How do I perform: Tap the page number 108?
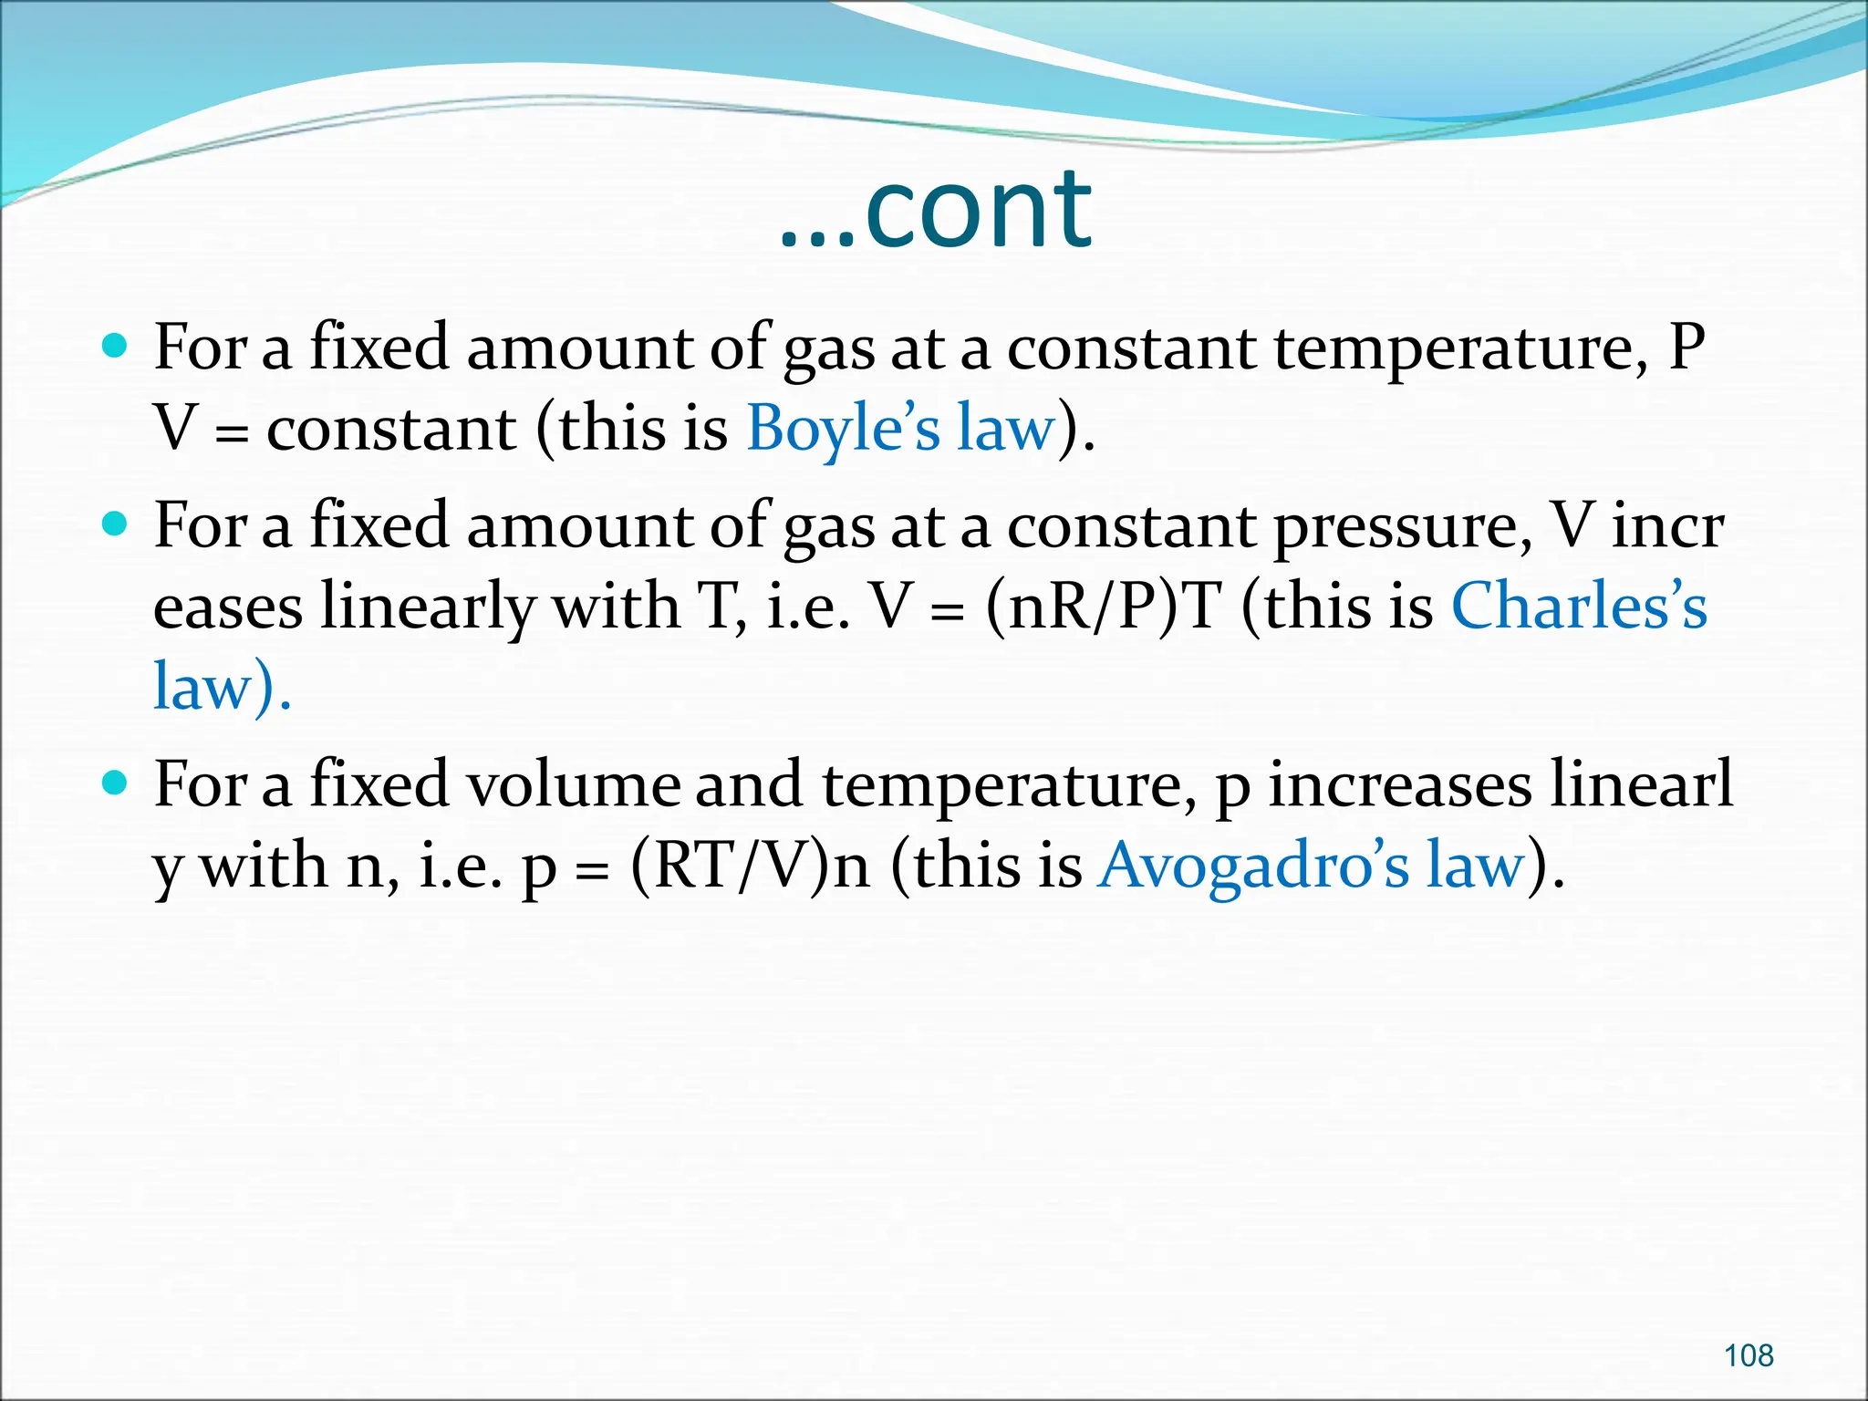[x=1748, y=1355]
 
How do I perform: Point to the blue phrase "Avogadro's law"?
[x=1312, y=865]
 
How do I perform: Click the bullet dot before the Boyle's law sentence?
[x=114, y=347]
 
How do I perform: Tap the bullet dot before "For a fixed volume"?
[x=114, y=784]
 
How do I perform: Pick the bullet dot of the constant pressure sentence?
[x=114, y=524]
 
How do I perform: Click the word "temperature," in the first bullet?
[x=1460, y=348]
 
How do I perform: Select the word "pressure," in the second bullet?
[x=1403, y=527]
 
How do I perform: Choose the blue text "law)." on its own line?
[x=222, y=686]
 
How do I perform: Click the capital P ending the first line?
[x=1686, y=347]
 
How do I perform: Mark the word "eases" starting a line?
[x=228, y=608]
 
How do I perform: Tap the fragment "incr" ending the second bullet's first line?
[x=1667, y=526]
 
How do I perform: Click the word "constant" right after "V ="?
[x=391, y=429]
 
